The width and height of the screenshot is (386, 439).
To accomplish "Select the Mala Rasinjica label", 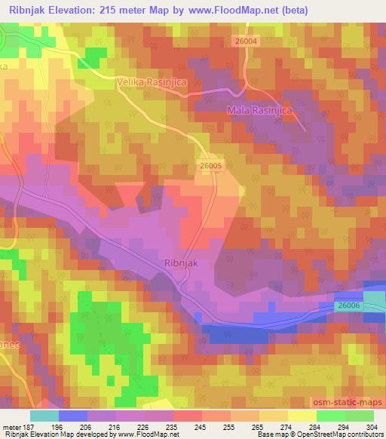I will [259, 111].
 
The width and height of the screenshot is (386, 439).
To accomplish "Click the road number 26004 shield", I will [247, 41].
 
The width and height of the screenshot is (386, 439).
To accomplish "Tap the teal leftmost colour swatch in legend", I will [44, 416].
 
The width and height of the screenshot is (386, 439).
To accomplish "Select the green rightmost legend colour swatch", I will [360, 416].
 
